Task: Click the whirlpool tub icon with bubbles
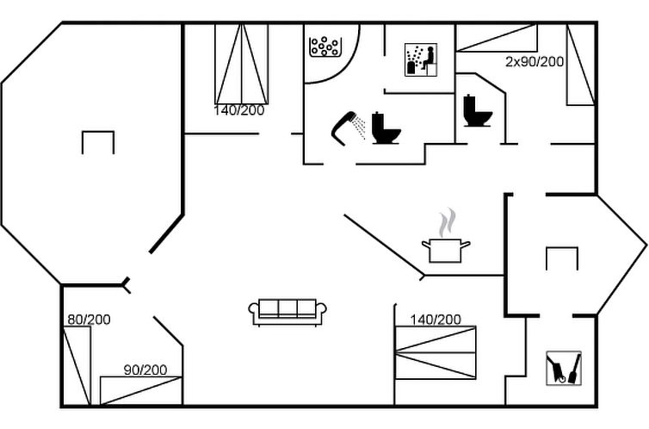pos(326,46)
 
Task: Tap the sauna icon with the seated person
pos(420,59)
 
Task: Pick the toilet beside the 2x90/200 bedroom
pos(477,111)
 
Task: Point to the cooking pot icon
pos(446,250)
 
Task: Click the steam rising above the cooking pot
pos(445,222)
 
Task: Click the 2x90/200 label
pos(535,62)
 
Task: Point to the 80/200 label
pos(89,320)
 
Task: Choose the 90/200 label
pos(145,370)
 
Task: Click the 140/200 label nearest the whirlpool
pos(239,109)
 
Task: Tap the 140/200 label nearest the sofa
pos(436,320)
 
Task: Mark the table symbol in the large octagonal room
pos(98,141)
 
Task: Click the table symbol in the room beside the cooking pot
pos(562,258)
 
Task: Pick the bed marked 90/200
pos(140,390)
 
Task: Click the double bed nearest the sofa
pos(436,351)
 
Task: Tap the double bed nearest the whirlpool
pos(241,64)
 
